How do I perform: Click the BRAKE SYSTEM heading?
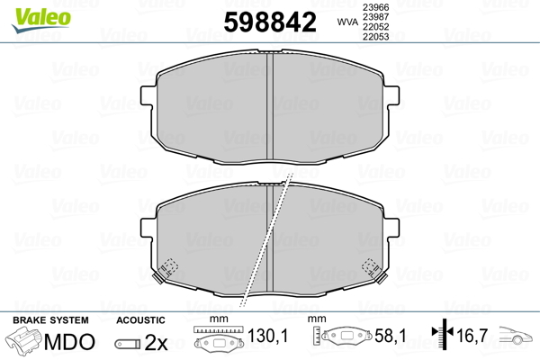[50, 319]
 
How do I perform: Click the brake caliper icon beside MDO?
[27, 341]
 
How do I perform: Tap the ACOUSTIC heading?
[140, 319]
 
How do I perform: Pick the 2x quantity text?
[157, 342]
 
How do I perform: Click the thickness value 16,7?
[472, 337]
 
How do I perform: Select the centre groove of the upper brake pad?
[270, 103]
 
